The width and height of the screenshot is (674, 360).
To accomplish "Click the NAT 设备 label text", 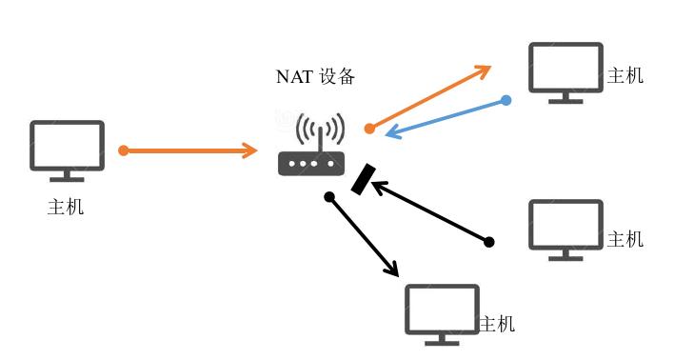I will tap(315, 77).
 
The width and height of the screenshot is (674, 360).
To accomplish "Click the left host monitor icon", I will tap(67, 148).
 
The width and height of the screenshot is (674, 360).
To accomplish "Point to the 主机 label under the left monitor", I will tap(66, 207).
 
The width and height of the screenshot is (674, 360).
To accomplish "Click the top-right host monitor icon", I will tap(565, 70).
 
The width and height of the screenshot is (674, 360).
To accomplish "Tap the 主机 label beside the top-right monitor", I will tap(625, 75).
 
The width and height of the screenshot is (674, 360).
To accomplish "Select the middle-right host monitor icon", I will tap(565, 227).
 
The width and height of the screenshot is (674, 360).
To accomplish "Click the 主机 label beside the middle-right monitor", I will tap(625, 238).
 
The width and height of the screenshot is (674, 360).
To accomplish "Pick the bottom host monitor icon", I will tap(442, 311).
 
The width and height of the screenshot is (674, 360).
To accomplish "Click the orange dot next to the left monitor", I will tap(123, 150).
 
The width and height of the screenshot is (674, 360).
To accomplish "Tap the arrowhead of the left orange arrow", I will tap(250, 150).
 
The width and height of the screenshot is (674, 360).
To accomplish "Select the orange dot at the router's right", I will tap(369, 128).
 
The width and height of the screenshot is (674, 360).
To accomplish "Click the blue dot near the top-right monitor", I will tap(506, 100).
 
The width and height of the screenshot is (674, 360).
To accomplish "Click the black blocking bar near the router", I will tap(363, 178).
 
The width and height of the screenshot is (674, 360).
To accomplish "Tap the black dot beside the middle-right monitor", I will tap(489, 242).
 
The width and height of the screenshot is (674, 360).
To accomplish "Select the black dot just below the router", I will tap(329, 197).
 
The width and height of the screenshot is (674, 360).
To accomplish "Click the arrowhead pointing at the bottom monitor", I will tap(391, 270).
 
